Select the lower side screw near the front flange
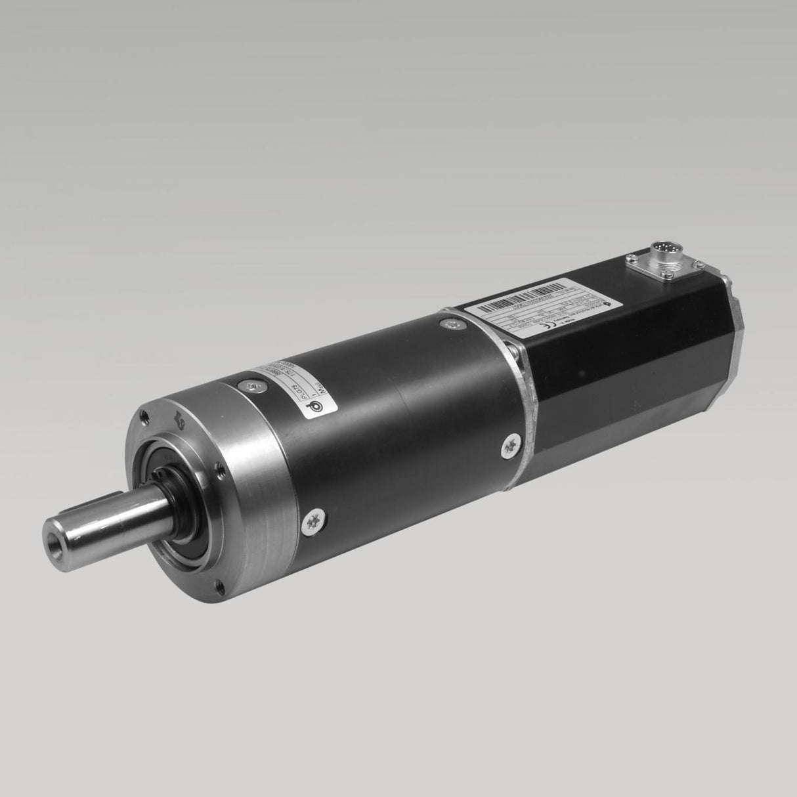312,523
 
